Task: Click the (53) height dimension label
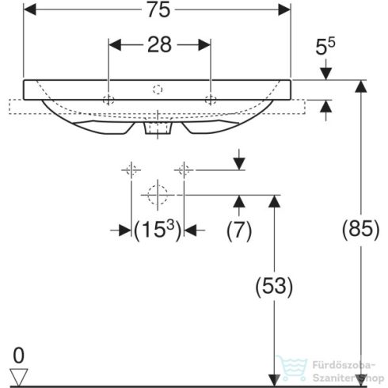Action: click(x=273, y=286)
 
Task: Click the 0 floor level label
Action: click(x=18, y=353)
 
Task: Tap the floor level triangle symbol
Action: click(x=18, y=374)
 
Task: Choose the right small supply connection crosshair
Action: click(x=184, y=169)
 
